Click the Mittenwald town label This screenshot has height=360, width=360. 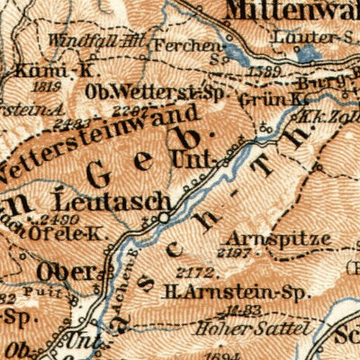pyautogui.click(x=292, y=11)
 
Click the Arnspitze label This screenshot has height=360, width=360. pyautogui.click(x=267, y=240)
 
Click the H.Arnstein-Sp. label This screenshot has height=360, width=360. pyautogui.click(x=220, y=291)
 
